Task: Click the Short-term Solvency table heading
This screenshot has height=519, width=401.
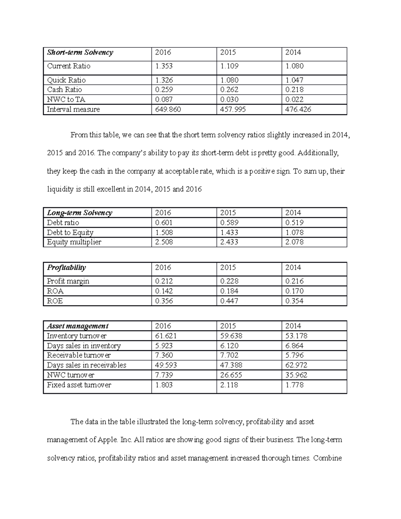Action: (80, 52)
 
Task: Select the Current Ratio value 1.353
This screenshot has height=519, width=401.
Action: (164, 66)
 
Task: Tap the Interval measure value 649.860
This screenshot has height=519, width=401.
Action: (168, 109)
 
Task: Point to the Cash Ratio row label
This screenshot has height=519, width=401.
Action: (64, 90)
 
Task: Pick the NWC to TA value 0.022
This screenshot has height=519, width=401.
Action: (294, 99)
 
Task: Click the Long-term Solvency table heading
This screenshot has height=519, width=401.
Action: (80, 213)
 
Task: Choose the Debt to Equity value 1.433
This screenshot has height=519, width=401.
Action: (229, 232)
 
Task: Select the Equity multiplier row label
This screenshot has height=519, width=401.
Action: (74, 242)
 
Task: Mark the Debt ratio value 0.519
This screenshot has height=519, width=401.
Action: (294, 223)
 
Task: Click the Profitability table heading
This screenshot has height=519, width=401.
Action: (66, 267)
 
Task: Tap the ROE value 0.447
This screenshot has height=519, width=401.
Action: (229, 301)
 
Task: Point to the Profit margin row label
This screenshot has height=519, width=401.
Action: (68, 281)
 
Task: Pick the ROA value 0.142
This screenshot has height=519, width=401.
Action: (164, 291)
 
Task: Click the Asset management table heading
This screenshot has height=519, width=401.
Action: (78, 326)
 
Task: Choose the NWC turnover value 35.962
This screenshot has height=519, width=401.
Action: (296, 375)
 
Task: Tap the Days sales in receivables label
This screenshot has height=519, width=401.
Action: (87, 365)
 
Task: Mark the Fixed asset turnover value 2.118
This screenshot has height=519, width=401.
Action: (229, 385)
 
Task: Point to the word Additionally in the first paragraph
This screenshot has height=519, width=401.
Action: (318, 153)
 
